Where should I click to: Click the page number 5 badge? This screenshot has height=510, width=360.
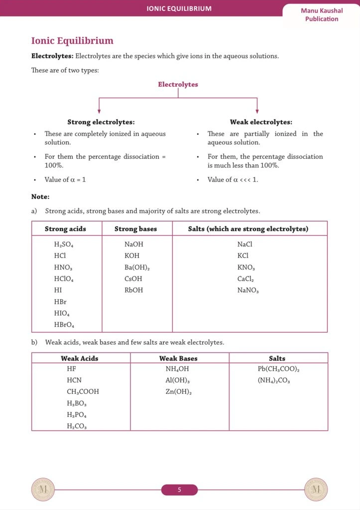tap(179, 490)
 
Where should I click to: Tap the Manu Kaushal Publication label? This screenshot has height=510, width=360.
tap(322, 15)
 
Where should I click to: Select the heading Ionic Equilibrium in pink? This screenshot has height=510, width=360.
tap(72, 41)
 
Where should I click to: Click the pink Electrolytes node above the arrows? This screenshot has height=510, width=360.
tap(178, 85)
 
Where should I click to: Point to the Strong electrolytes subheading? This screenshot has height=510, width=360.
tap(101, 122)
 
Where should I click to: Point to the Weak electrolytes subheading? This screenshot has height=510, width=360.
tap(261, 122)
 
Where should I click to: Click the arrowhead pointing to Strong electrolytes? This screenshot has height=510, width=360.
tap(99, 111)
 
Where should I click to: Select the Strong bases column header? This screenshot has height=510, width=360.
tap(135, 229)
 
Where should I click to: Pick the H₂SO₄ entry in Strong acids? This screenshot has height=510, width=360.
tap(64, 245)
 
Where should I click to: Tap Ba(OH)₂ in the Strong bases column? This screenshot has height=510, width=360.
tap(137, 267)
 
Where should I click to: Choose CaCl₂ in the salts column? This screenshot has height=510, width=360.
tap(245, 279)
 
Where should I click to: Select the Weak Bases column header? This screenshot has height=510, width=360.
tap(178, 359)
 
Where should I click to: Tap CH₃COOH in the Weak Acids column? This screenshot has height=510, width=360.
tap(83, 392)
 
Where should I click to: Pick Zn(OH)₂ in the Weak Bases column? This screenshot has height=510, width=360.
tap(179, 392)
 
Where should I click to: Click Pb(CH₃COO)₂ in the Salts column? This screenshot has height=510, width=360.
tap(278, 369)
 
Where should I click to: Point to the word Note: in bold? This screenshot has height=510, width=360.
tap(40, 197)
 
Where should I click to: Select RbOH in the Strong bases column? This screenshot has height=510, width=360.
tap(133, 290)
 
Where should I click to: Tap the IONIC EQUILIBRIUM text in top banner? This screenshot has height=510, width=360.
tap(179, 8)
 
